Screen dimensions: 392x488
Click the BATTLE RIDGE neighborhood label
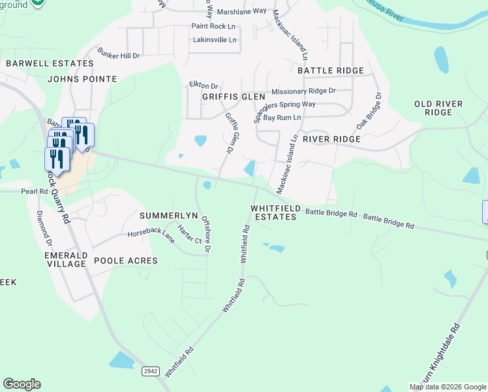330,71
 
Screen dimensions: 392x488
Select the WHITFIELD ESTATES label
276,212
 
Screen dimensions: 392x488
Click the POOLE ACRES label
126,261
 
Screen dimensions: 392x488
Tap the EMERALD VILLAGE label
66,259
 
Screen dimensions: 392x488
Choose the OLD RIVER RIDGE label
438,108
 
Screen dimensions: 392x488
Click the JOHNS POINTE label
82,79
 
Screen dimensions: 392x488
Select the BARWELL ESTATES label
50,63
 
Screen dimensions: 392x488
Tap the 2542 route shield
151,371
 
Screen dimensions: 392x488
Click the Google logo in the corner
22,384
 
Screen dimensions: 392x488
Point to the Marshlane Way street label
242,11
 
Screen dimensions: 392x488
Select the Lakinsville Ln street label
214,40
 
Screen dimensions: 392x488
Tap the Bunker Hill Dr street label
119,54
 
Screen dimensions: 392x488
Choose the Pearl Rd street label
35,191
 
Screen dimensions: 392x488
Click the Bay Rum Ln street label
282,118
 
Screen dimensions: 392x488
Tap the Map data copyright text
448,387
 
